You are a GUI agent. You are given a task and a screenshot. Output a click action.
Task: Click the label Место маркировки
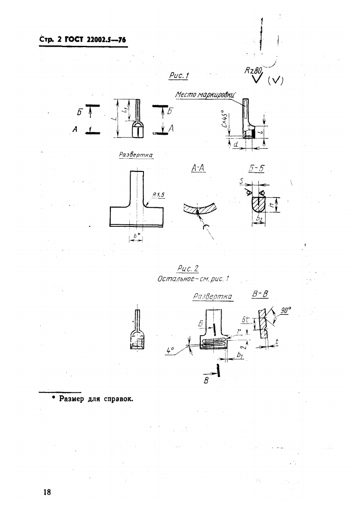204,95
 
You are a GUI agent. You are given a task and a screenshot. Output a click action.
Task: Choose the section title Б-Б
257,169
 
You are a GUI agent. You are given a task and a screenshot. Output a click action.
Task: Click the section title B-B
260,294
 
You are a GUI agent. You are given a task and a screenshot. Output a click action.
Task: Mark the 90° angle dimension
286,311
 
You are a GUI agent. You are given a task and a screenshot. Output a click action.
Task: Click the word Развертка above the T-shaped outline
135,155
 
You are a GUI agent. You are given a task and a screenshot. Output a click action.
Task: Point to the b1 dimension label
241,357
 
